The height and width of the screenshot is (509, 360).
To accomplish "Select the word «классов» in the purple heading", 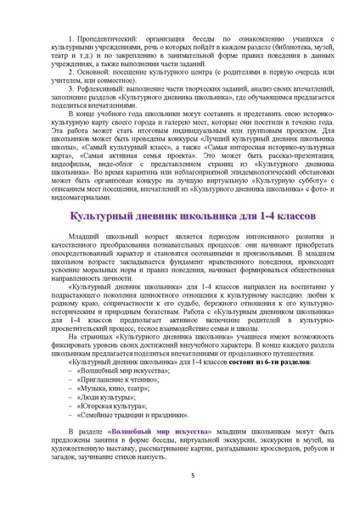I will [288, 218].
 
